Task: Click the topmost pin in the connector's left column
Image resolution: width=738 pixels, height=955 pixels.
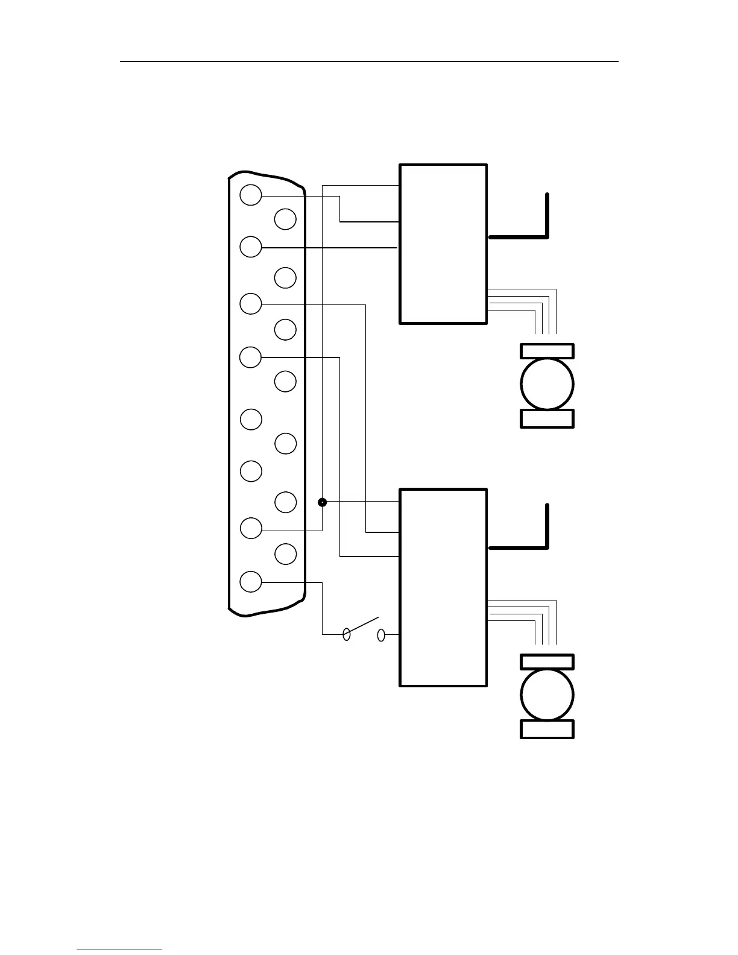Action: (251, 195)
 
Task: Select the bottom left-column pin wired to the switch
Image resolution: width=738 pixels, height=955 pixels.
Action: (251, 582)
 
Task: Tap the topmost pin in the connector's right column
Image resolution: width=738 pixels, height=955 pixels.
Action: (285, 219)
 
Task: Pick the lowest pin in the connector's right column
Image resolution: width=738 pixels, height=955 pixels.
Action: (285, 553)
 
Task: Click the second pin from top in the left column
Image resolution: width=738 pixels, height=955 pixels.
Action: (251, 247)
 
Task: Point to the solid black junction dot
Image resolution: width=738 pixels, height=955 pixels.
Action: (323, 502)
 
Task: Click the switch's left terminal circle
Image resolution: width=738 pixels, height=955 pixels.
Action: (347, 634)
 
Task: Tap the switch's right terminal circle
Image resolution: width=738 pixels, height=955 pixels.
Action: (381, 634)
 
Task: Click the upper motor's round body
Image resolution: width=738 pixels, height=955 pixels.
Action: (547, 384)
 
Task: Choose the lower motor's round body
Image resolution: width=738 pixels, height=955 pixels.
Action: (547, 695)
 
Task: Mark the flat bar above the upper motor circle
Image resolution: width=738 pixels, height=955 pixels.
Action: (547, 351)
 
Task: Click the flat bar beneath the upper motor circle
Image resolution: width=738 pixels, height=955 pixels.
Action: (547, 418)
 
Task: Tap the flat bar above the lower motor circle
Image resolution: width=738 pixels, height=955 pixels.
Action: (547, 662)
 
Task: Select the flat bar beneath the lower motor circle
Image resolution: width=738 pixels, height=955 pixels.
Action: (547, 729)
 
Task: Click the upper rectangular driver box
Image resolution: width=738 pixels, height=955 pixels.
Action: (443, 244)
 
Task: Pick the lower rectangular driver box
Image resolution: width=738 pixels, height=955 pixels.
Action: (443, 587)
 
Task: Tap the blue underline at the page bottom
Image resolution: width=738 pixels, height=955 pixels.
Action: (119, 950)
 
